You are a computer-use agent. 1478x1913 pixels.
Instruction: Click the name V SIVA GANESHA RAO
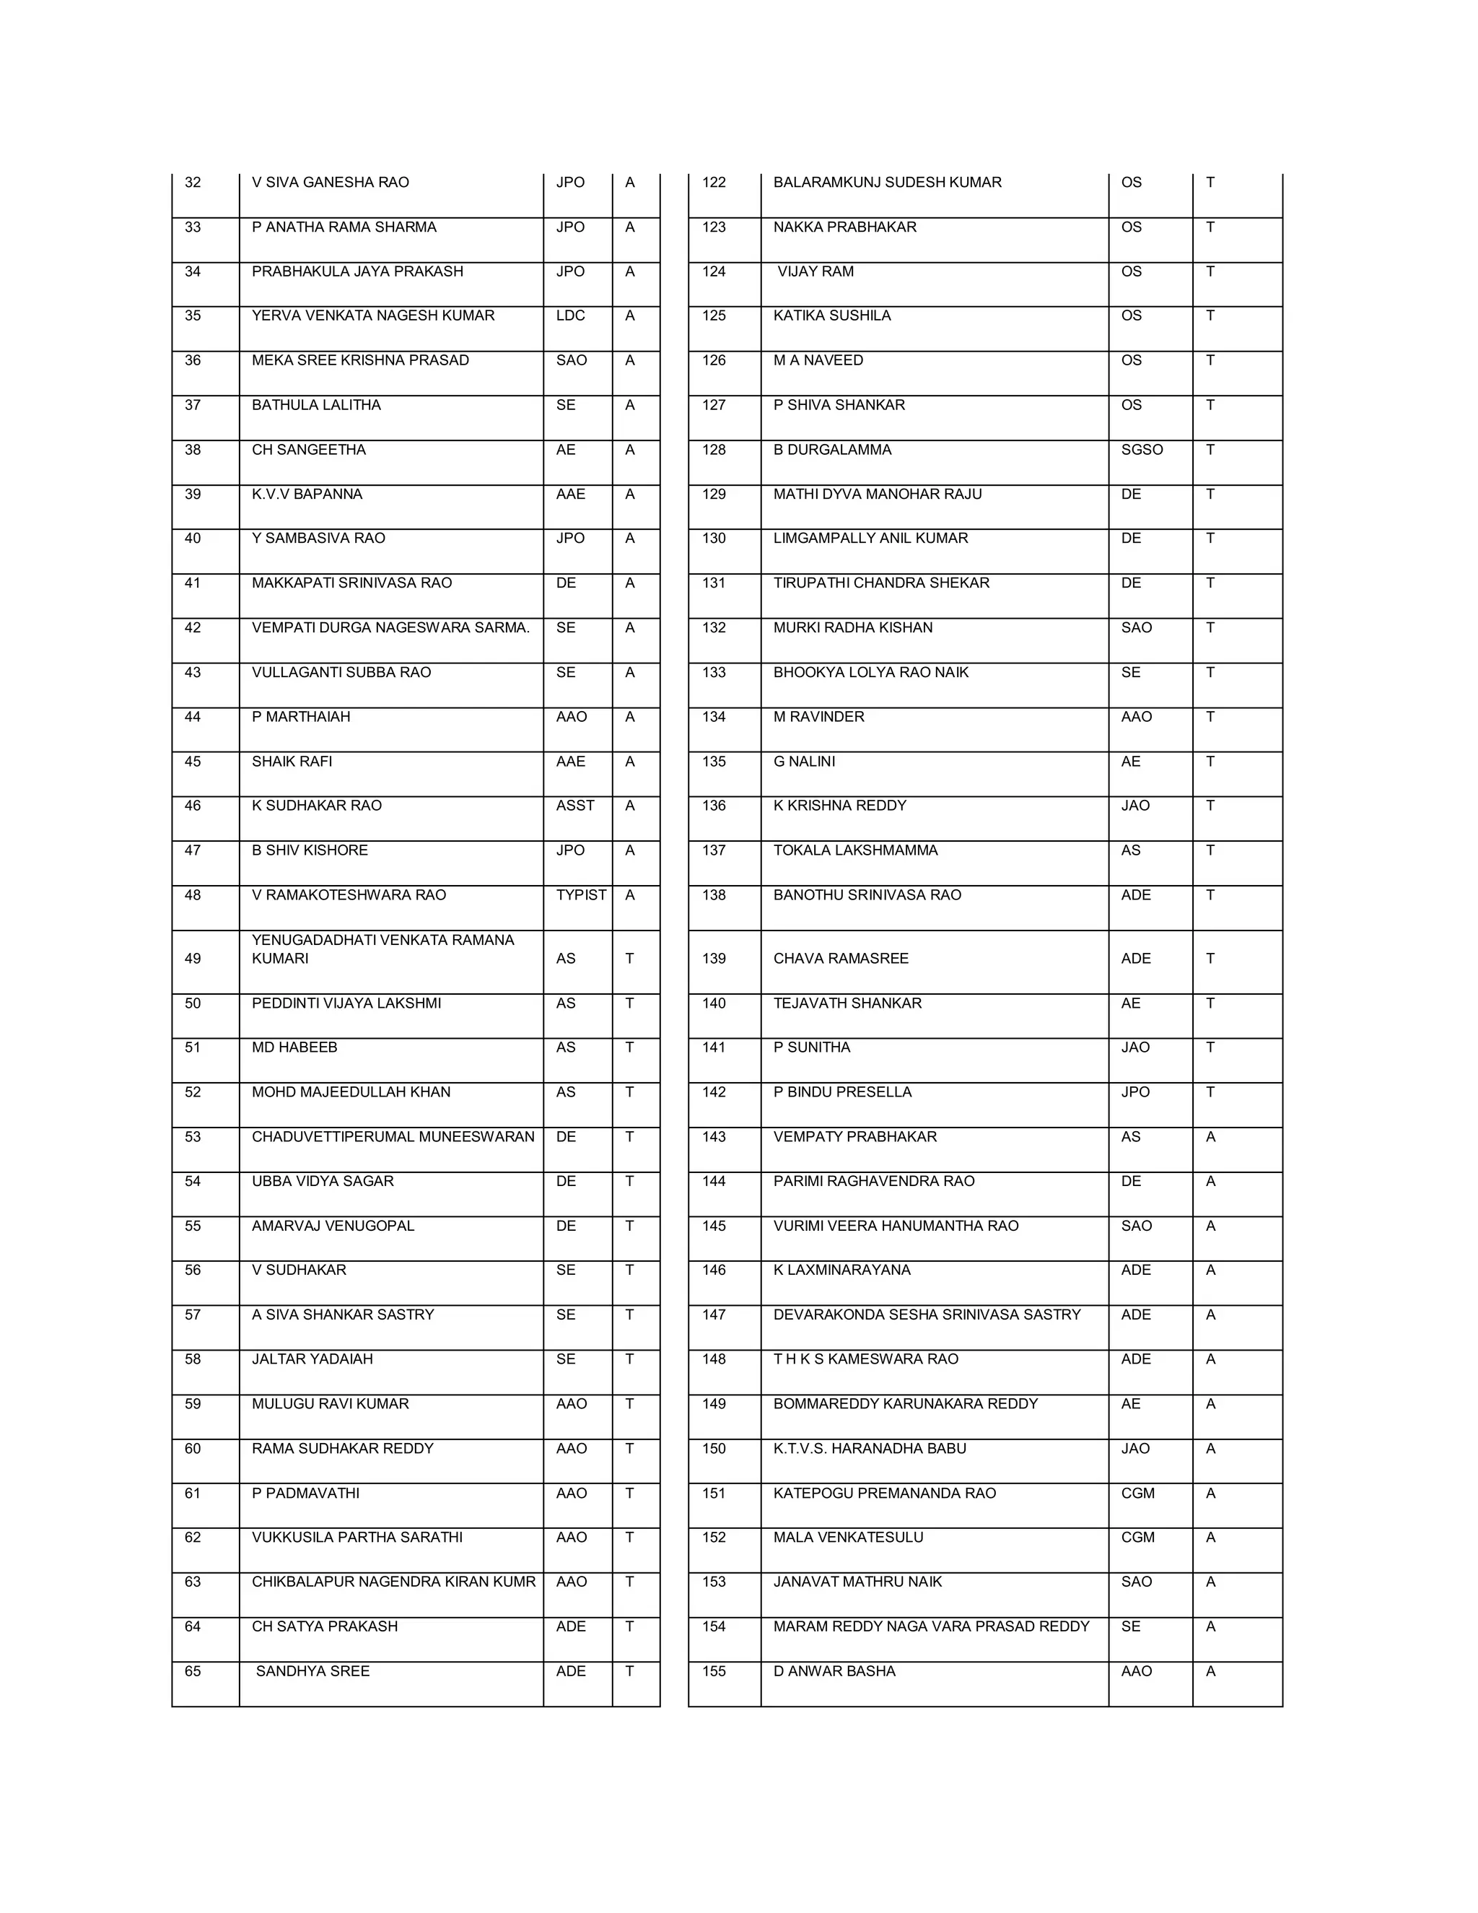[330, 182]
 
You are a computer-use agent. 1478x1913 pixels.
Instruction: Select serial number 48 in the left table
[193, 895]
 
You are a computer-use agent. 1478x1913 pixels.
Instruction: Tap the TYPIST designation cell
[580, 895]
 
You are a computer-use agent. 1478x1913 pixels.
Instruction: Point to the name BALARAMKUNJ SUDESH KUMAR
[887, 182]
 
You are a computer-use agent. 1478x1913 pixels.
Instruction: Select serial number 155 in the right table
[714, 1671]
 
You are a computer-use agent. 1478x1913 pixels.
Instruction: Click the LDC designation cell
[570, 315]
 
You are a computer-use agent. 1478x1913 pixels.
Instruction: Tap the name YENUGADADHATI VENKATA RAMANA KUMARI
[382, 949]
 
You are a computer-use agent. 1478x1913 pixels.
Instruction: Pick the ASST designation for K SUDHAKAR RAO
[574, 805]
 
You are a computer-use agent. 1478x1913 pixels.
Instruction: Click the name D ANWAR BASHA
[834, 1671]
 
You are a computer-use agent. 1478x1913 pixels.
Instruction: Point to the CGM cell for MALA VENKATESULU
[1137, 1537]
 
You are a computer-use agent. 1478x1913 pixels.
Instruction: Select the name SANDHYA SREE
[312, 1671]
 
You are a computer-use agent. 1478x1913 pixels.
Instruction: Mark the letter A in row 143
[1210, 1137]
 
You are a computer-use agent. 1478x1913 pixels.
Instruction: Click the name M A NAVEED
[818, 360]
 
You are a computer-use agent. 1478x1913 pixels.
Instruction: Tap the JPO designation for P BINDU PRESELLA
[1134, 1092]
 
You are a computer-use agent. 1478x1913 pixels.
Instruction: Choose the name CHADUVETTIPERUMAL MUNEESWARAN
[393, 1137]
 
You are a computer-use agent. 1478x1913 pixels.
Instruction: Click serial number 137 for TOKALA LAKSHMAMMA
[714, 850]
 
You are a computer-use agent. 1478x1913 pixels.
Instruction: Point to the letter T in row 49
[629, 958]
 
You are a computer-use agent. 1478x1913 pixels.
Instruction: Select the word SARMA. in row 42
[502, 627]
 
